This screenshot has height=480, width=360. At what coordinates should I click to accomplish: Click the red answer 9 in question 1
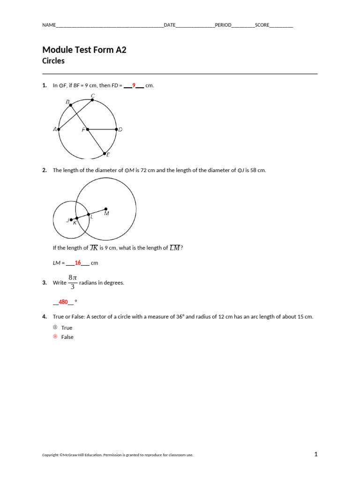[x=134, y=85]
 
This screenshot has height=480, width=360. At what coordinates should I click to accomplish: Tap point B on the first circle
[x=71, y=105]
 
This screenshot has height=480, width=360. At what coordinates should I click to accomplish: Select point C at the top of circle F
[x=93, y=100]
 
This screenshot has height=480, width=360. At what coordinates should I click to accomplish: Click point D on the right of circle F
[x=116, y=129]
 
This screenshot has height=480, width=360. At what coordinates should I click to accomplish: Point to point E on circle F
[x=104, y=153]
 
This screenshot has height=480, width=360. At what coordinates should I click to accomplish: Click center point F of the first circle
[x=88, y=129]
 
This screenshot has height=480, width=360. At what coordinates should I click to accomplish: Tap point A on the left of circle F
[x=59, y=129]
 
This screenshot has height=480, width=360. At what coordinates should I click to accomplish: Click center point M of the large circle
[x=106, y=209]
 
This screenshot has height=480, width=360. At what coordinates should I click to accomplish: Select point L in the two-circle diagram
[x=89, y=214]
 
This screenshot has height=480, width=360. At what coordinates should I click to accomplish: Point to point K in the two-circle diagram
[x=77, y=218]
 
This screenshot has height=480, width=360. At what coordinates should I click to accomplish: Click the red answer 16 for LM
[x=78, y=263]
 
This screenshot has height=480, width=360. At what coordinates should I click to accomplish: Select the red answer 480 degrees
[x=63, y=302]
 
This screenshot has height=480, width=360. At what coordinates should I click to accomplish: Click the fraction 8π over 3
[x=72, y=282]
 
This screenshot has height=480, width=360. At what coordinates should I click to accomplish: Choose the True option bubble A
[x=55, y=328]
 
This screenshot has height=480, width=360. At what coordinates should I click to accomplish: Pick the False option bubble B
[x=55, y=337]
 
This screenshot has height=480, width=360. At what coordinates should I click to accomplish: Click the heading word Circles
[x=53, y=61]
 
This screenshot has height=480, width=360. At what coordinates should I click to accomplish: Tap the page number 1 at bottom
[x=316, y=454]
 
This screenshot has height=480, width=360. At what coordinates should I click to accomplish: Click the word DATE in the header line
[x=169, y=25]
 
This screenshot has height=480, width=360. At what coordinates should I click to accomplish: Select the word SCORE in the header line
[x=262, y=25]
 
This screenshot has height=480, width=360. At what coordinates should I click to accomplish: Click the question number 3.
[x=44, y=283]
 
